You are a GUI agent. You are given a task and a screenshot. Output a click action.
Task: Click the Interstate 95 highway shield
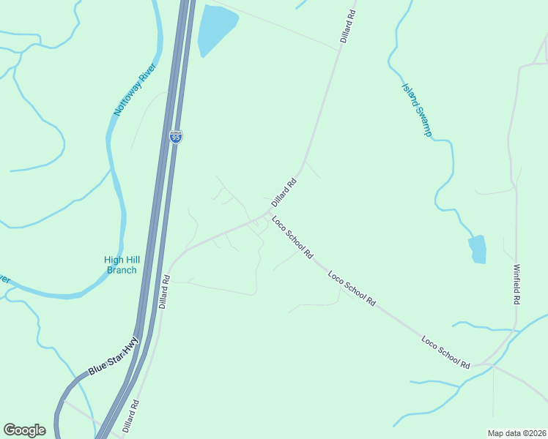175,137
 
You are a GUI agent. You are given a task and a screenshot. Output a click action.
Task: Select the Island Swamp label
417,110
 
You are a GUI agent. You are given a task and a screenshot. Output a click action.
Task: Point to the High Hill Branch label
121,265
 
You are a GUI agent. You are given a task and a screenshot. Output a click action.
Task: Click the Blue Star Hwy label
114,356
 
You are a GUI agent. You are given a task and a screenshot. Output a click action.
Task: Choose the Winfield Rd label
517,284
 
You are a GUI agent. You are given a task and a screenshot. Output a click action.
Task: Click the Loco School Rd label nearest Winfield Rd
445,351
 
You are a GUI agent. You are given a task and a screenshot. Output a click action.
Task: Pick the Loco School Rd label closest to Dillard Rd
292,238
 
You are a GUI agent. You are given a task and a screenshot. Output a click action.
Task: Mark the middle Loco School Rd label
352,289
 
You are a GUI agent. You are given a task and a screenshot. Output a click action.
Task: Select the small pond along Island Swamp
477,249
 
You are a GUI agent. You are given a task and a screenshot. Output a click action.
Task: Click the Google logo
24,430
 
